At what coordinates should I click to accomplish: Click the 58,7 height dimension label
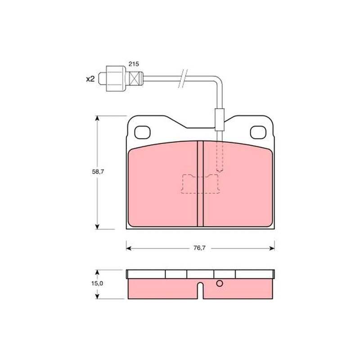[98, 172]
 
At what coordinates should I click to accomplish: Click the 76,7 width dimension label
[199, 248]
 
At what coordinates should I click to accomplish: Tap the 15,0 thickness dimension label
[97, 283]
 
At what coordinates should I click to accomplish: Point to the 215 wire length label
[134, 64]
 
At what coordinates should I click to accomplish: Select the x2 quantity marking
[90, 79]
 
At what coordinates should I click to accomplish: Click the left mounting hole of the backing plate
[142, 132]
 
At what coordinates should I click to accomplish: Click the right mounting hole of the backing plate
[258, 132]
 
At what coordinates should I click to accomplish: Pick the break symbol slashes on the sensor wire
[183, 78]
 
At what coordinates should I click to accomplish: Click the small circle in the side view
[220, 283]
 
